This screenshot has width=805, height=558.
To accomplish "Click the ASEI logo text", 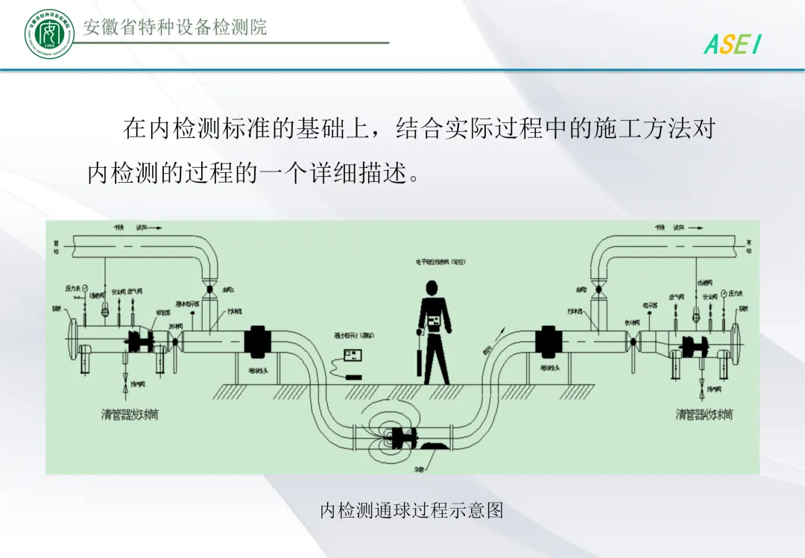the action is coord(733,45).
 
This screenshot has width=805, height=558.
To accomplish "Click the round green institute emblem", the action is coord(49,34).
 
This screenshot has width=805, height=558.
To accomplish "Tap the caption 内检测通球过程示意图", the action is coord(411,510).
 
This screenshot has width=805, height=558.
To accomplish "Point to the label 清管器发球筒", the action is coord(130,414).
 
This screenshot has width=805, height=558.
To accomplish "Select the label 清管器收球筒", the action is coord(704,414).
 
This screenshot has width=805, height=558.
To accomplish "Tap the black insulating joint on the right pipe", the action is coord(549,341).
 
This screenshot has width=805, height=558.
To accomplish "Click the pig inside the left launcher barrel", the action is coord(141,342).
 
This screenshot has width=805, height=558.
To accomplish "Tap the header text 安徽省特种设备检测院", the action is coord(175,28).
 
